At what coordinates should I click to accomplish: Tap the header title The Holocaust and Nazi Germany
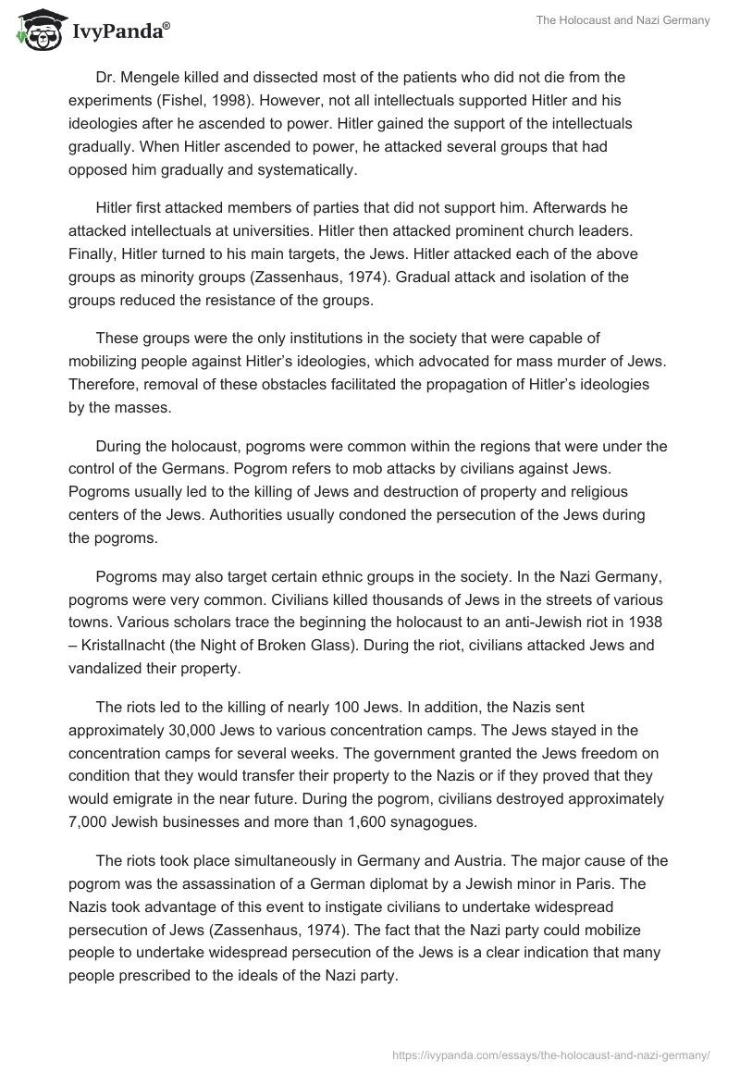(x=623, y=20)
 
